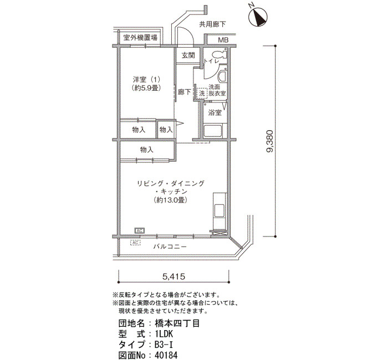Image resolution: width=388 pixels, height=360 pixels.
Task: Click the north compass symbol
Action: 258,17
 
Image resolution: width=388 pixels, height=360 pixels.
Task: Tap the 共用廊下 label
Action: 212,24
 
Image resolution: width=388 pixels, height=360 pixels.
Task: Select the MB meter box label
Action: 223,40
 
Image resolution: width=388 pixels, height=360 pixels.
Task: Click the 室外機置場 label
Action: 140,38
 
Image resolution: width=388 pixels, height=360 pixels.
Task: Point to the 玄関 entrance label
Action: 188,55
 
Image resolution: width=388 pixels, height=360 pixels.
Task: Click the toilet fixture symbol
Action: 220,54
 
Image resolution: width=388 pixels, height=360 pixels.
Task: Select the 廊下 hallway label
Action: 185,92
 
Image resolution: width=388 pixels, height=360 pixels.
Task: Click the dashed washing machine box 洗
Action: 202,94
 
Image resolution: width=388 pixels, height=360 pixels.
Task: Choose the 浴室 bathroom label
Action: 215,113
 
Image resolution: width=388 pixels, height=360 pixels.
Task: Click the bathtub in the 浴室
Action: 213,131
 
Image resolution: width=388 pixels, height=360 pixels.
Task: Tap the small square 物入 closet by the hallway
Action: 166,130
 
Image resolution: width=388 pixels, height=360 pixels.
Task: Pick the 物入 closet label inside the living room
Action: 147,150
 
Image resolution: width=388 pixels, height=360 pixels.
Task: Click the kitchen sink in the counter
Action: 219,210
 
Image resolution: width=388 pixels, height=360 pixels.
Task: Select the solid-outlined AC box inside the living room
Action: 140,231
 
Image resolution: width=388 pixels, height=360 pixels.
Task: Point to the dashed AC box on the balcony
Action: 135,243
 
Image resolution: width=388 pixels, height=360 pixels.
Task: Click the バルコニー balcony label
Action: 170,246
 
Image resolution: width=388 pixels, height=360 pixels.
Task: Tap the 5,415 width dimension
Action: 173,276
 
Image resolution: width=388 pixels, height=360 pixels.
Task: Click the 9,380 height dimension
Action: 270,141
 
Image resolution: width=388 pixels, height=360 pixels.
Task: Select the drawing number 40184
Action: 166,356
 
